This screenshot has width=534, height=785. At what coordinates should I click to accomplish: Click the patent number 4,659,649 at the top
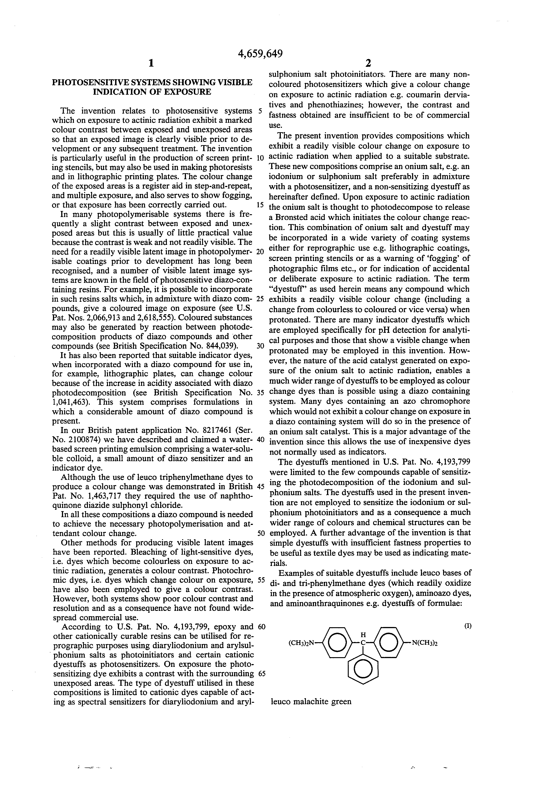pos(260,54)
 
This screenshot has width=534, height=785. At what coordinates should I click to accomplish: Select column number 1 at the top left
pos(151,63)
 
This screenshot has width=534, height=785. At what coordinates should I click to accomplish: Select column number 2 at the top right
pos(368,63)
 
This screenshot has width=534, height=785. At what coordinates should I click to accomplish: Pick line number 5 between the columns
pos(260,111)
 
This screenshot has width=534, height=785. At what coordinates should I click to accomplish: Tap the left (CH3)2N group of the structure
pos(301,644)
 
